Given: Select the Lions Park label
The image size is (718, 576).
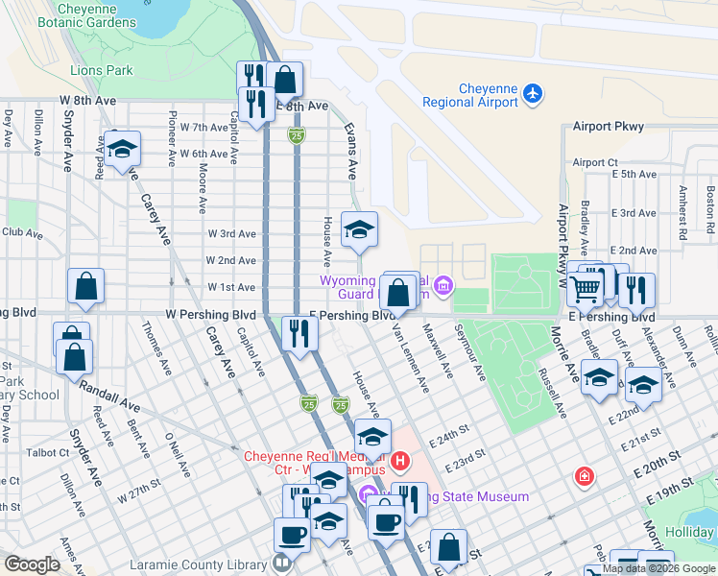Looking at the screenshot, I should [101, 70].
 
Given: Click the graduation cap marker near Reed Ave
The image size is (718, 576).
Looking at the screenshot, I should [123, 150].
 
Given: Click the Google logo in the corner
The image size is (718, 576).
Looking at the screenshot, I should [32, 564].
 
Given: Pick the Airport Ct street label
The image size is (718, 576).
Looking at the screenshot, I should [595, 163].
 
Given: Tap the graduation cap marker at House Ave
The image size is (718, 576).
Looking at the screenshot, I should [360, 229].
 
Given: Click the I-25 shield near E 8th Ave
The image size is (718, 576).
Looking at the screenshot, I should [297, 137].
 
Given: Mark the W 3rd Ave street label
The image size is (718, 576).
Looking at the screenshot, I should [231, 233].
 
